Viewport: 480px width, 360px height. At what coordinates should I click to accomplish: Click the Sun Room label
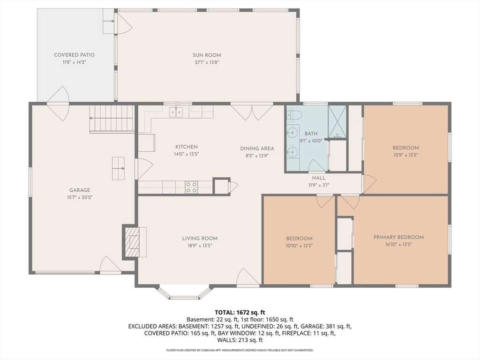pos(207,55)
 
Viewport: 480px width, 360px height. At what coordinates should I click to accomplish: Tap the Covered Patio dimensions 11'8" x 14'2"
pos(75,62)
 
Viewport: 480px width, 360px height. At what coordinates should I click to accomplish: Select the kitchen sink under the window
pos(176,112)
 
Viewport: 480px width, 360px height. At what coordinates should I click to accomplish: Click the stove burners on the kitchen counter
pos(191,187)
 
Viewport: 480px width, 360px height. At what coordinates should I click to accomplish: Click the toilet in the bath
pos(294,115)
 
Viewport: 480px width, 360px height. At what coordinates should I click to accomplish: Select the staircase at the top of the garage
pos(112,119)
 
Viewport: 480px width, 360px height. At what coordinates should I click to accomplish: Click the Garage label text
pos(80,190)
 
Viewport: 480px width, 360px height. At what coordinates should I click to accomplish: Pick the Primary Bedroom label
pos(398,237)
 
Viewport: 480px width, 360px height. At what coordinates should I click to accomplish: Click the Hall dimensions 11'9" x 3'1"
pos(319,185)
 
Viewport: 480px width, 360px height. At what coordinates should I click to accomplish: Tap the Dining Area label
pos(257,149)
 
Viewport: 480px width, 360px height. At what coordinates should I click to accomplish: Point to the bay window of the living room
pos(184,292)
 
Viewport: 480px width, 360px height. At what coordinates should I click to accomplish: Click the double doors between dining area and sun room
pos(252,112)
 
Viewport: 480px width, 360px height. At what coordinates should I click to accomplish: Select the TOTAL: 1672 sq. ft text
pos(240,313)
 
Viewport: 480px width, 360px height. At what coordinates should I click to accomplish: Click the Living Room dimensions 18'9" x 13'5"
pos(200,246)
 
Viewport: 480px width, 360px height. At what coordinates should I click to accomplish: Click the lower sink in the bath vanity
pos(293,151)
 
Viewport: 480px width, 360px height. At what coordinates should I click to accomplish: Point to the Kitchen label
pos(187,147)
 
